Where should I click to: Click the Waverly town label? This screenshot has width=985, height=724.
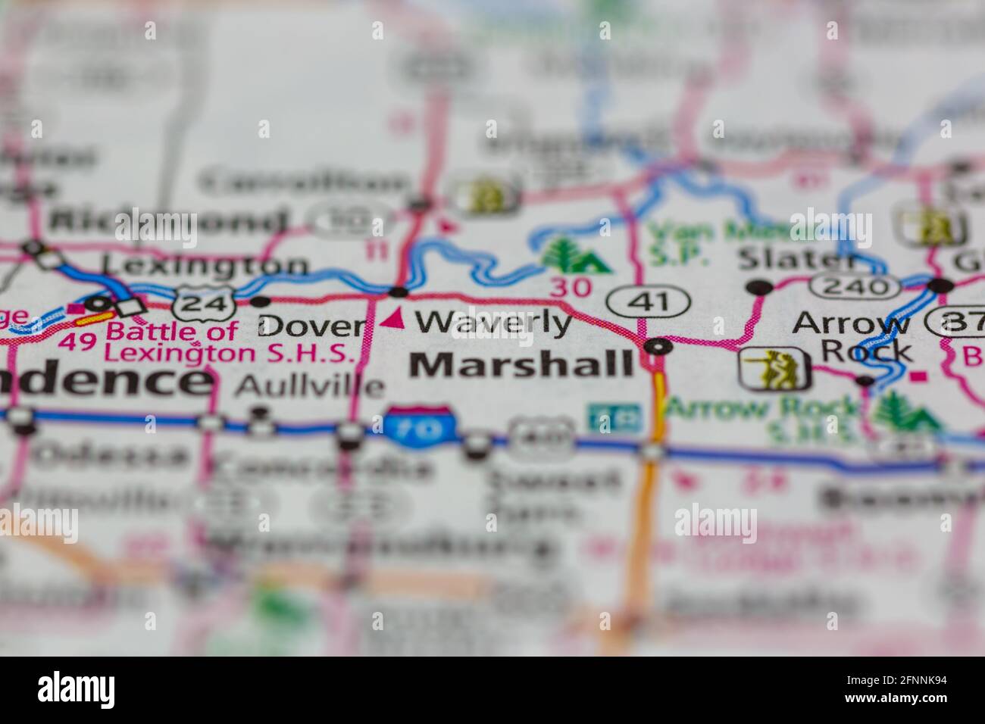pyautogui.click(x=493, y=323)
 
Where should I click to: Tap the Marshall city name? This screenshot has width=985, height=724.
pyautogui.click(x=521, y=365)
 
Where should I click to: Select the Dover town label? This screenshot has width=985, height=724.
pyautogui.click(x=311, y=326)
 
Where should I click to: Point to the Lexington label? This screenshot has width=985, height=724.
pyautogui.click(x=205, y=265)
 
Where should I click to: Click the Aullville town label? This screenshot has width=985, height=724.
pyautogui.click(x=309, y=386)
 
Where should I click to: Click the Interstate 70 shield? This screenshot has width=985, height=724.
pyautogui.click(x=420, y=426)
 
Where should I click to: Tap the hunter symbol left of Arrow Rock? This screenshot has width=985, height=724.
pyautogui.click(x=774, y=369)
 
